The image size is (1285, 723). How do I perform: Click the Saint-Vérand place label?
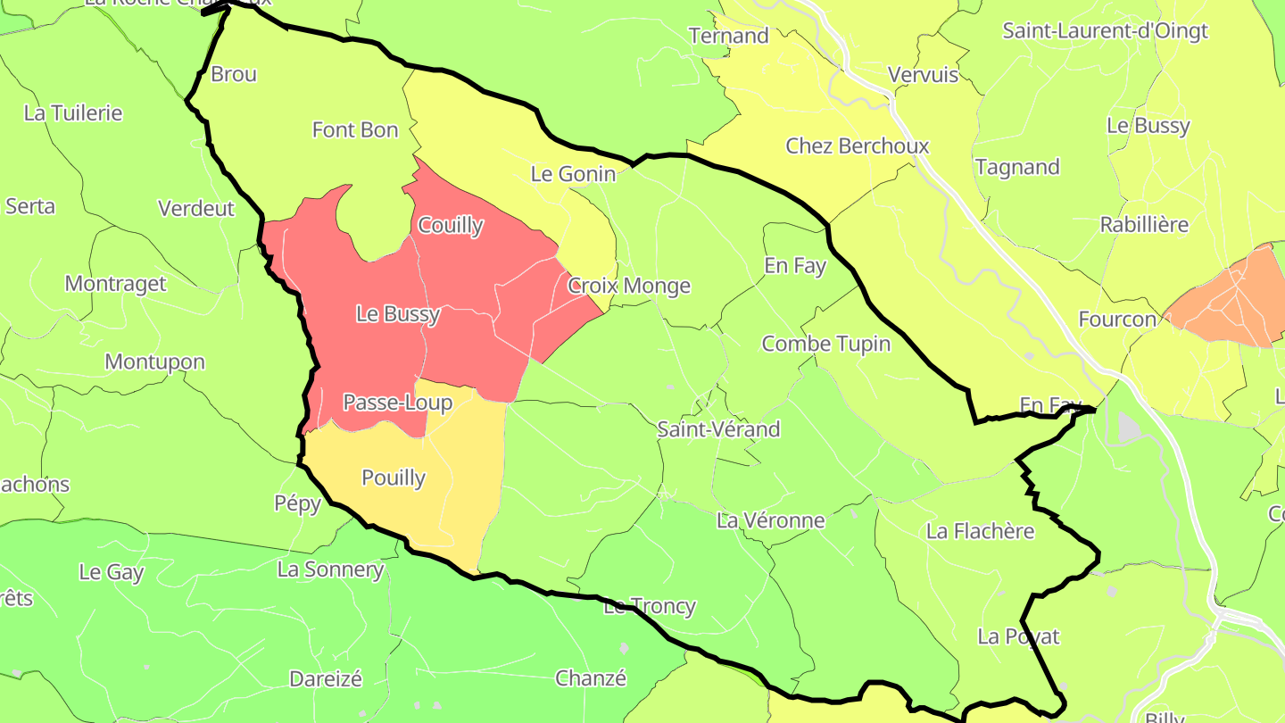pyautogui.click(x=718, y=429)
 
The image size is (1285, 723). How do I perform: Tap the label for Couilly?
pyautogui.click(x=450, y=226)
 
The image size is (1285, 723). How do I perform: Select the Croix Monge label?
pyautogui.click(x=629, y=286)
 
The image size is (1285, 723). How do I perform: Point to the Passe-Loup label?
pyautogui.click(x=398, y=403)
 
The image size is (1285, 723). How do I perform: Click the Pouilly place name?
pyautogui.click(x=394, y=478)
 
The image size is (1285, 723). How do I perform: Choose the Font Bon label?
pyautogui.click(x=355, y=130)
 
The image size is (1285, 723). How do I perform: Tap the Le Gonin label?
pyautogui.click(x=573, y=174)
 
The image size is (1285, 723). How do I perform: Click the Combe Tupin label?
pyautogui.click(x=825, y=344)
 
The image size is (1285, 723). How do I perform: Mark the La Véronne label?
pyautogui.click(x=771, y=520)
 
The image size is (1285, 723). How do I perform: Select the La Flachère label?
pyautogui.click(x=980, y=532)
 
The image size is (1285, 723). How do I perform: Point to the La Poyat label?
pyautogui.click(x=1018, y=636)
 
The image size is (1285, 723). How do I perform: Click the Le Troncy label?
pyautogui.click(x=650, y=607)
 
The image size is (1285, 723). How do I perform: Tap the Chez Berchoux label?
pyautogui.click(x=857, y=146)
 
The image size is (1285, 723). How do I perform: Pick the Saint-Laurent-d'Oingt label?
pyautogui.click(x=1105, y=31)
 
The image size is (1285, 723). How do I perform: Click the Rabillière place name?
pyautogui.click(x=1144, y=225)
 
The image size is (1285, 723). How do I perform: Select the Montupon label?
pyautogui.click(x=154, y=362)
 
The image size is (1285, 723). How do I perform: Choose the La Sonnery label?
pyautogui.click(x=330, y=569)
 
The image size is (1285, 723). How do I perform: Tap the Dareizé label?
pyautogui.click(x=326, y=679)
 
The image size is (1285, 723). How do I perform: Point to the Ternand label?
pyautogui.click(x=729, y=37)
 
